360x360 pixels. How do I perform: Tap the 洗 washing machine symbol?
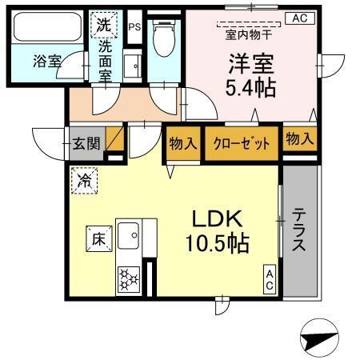tap(103, 26)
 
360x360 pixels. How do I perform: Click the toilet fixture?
tap(164, 40)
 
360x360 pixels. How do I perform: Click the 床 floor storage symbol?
tap(97, 238)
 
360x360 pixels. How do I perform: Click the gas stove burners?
tap(128, 280)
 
